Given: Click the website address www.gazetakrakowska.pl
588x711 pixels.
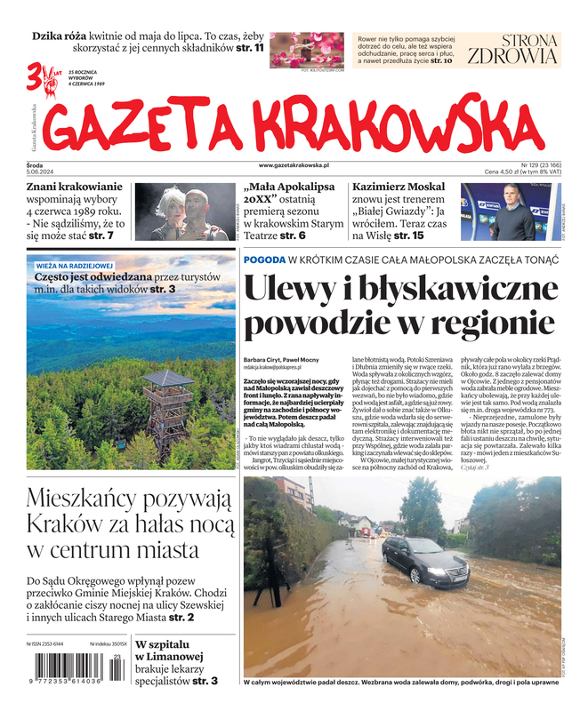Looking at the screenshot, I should (x=294, y=165).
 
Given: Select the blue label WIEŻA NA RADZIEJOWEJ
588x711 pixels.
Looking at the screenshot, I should (x=75, y=265).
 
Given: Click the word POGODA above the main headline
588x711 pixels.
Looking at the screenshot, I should (x=263, y=260).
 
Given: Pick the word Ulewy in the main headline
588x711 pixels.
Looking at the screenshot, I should (x=288, y=292).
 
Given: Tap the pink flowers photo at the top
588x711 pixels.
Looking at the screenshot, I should (x=306, y=49).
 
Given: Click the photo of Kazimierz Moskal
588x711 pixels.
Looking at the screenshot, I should (x=511, y=212).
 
